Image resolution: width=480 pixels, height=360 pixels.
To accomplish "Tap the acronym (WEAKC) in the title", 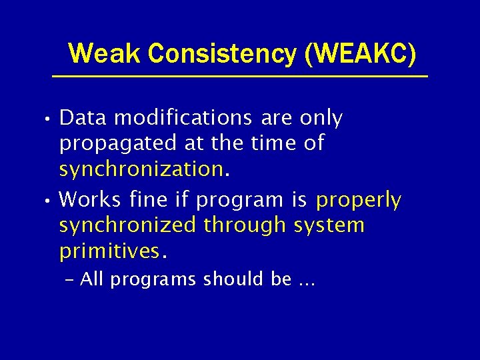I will [x=360, y=53].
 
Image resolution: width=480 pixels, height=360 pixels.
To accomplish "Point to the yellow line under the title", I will [x=240, y=77].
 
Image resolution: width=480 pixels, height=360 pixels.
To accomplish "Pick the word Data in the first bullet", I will [x=84, y=118].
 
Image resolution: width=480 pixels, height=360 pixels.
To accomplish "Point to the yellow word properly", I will [x=359, y=200].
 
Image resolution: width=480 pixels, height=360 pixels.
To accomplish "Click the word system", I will [x=329, y=225].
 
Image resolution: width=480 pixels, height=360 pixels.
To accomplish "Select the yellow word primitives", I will [x=109, y=251].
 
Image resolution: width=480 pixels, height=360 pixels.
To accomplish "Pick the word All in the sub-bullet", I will [x=91, y=279].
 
